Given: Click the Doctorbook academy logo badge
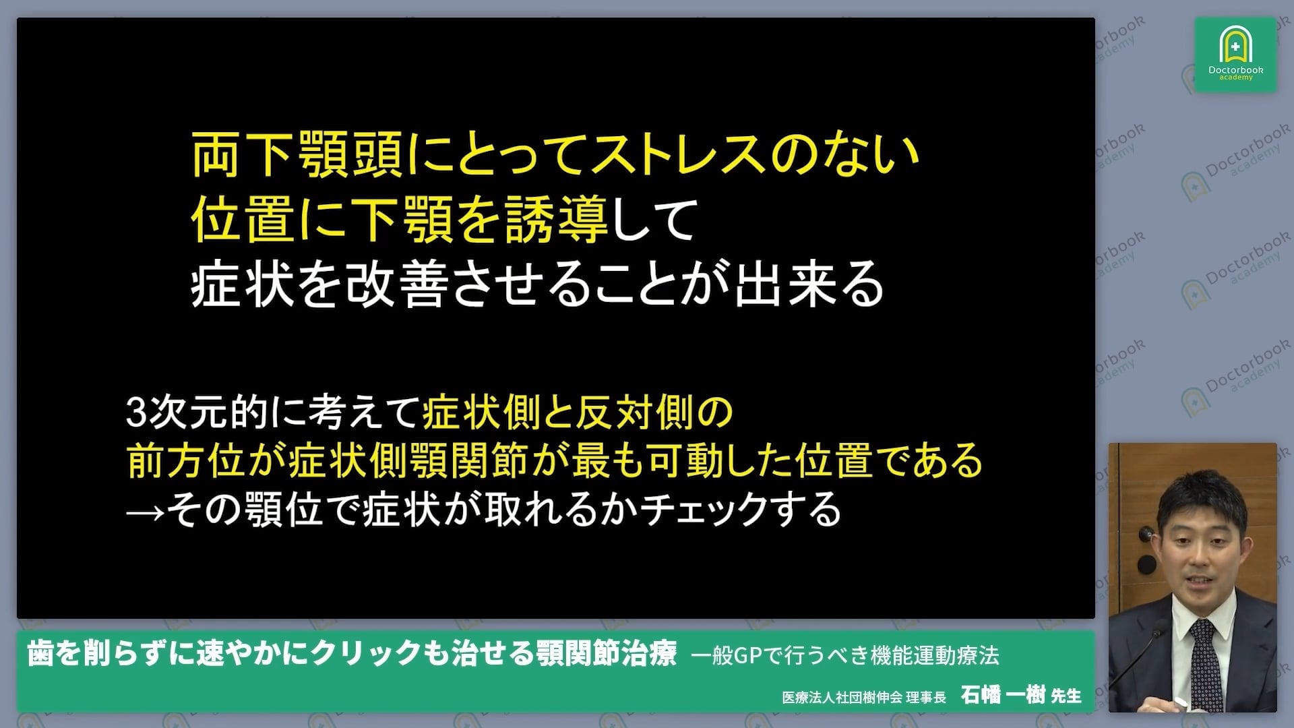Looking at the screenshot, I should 1235,55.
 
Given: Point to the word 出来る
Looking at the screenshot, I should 809,284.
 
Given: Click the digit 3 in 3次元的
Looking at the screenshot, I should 136,413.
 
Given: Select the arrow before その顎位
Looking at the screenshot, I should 144,511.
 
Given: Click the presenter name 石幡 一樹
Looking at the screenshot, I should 1002,695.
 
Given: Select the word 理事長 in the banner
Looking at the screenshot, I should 926,697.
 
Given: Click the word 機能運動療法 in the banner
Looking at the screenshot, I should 934,655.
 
